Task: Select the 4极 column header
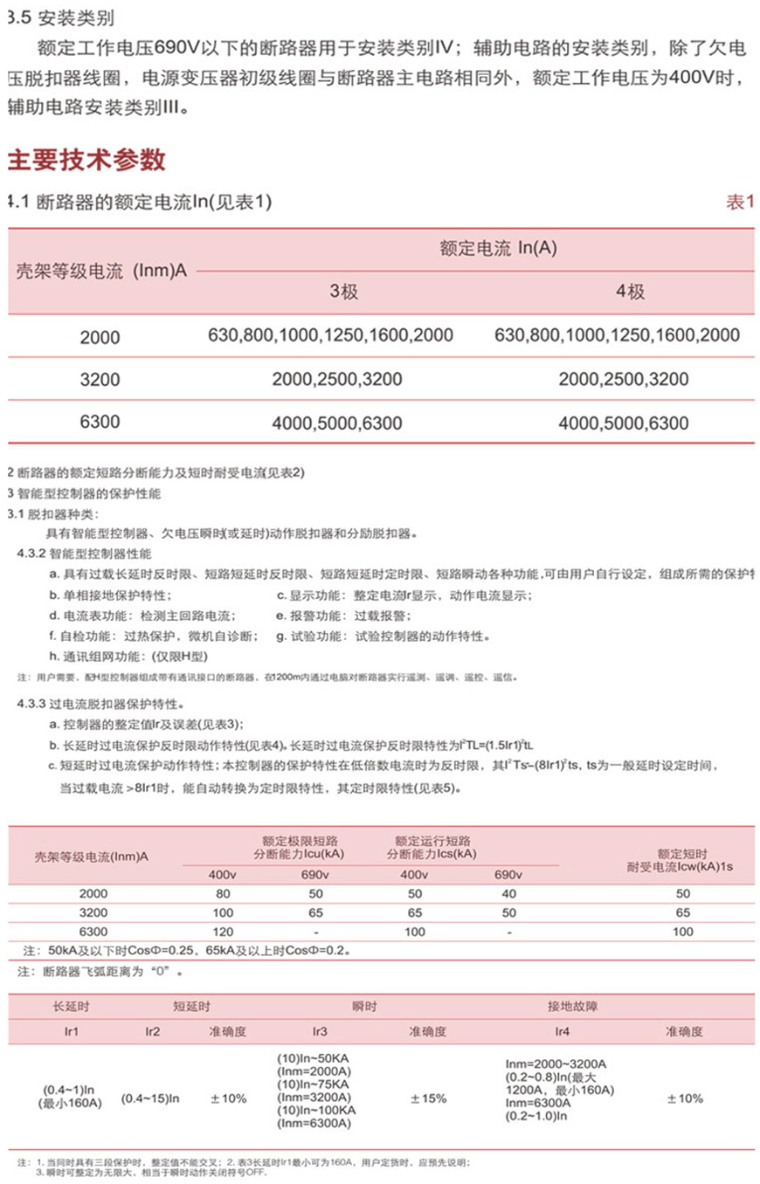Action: point(630,293)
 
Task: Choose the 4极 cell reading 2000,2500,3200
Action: point(623,380)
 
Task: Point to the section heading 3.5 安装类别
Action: point(60,17)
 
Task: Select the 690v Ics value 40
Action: point(508,894)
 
